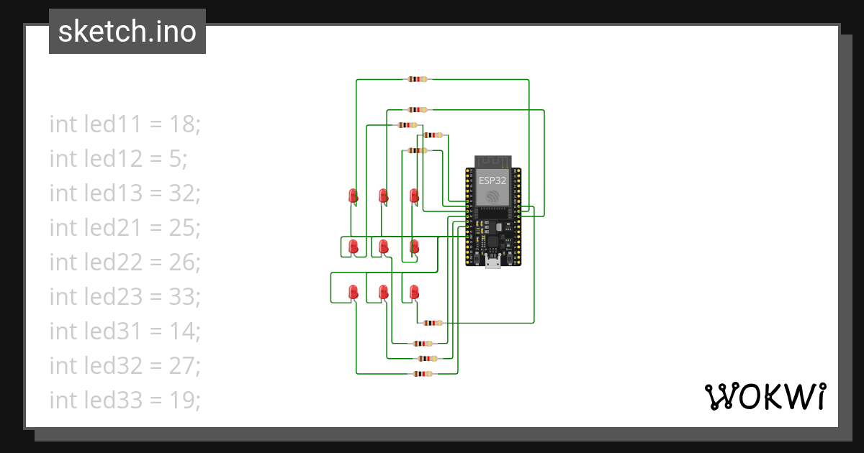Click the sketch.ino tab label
pyautogui.click(x=127, y=32)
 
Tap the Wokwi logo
pyautogui.click(x=765, y=397)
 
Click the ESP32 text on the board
pyautogui.click(x=492, y=181)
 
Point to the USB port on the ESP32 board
pyautogui.click(x=493, y=263)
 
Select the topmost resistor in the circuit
pyautogui.click(x=418, y=79)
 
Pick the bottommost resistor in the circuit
pyautogui.click(x=422, y=374)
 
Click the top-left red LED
pyautogui.click(x=353, y=196)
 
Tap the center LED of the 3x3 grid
pyautogui.click(x=384, y=247)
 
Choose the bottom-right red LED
pyautogui.click(x=414, y=293)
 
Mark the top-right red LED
pyautogui.click(x=414, y=196)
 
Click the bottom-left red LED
pyautogui.click(x=353, y=293)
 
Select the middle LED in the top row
pyautogui.click(x=384, y=196)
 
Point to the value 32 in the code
pyautogui.click(x=184, y=193)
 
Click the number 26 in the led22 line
pyautogui.click(x=184, y=262)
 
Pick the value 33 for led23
pyautogui.click(x=184, y=297)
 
